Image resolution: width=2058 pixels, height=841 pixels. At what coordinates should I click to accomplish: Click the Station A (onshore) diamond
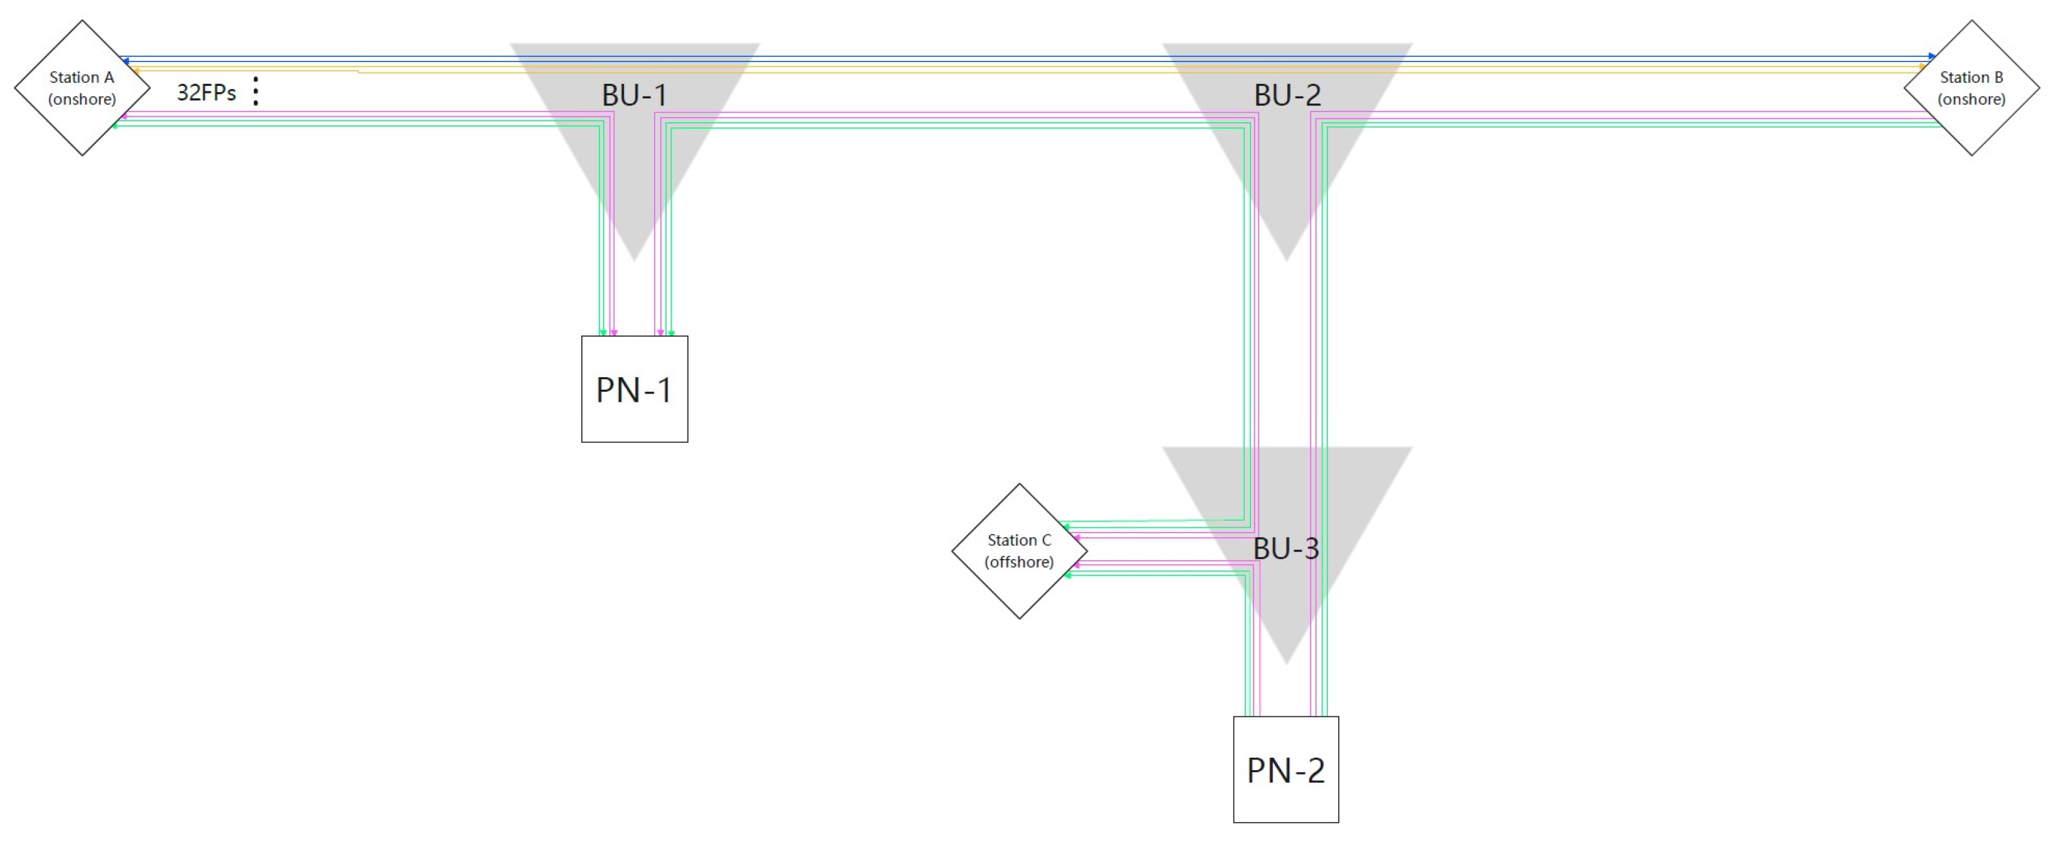(82, 88)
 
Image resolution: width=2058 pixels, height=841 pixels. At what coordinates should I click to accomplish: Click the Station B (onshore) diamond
(1971, 88)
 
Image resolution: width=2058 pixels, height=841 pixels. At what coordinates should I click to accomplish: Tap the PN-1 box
(635, 389)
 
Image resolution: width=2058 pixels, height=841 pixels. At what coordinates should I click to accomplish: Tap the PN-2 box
(1285, 769)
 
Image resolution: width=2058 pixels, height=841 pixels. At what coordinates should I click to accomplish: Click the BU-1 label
(635, 95)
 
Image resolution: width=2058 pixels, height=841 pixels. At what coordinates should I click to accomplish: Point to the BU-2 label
(1287, 95)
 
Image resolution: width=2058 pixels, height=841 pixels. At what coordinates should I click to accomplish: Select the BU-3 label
(1285, 549)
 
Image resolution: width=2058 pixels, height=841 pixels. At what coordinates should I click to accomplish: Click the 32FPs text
(206, 93)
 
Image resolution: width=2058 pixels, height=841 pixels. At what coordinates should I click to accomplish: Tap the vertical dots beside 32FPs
(256, 91)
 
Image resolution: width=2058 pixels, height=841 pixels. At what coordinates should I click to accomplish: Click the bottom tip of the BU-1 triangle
(635, 258)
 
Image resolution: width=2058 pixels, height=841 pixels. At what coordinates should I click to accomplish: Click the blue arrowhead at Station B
(1932, 56)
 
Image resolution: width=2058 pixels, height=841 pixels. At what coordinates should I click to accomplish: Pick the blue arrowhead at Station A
(125, 61)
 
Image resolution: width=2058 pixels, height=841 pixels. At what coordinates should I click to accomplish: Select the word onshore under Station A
(82, 99)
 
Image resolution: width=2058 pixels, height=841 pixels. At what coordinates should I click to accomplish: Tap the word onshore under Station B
(1971, 99)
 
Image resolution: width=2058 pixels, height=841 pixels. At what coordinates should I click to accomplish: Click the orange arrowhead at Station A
(137, 71)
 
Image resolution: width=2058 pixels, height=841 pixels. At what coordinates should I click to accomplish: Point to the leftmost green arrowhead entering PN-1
(603, 332)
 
